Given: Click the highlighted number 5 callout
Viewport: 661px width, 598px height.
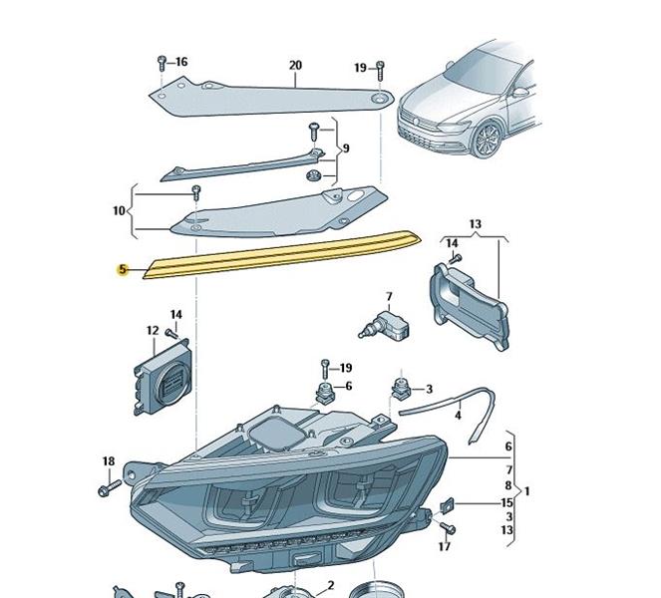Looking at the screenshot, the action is (x=123, y=270).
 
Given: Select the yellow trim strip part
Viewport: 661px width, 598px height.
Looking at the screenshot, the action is (x=281, y=254).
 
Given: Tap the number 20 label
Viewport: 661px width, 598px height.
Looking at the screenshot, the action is (x=295, y=66).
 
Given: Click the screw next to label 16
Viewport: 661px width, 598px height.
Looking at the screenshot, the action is (x=162, y=64).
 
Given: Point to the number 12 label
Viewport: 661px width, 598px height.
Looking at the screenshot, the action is (x=153, y=331).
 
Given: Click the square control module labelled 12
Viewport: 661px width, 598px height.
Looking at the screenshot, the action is (x=162, y=377).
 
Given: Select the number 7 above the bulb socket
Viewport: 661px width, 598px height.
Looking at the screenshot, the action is (x=389, y=297).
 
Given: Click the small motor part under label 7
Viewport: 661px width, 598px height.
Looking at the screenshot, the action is (x=384, y=325).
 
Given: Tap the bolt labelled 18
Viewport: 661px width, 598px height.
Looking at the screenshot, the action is (x=110, y=487).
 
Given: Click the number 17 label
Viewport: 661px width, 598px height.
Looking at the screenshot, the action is (x=445, y=546).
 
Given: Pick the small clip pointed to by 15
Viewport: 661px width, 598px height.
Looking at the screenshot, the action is (x=447, y=505).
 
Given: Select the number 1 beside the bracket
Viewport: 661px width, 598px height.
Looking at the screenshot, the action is (x=527, y=491).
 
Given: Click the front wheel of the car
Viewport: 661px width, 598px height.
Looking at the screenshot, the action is (x=487, y=140).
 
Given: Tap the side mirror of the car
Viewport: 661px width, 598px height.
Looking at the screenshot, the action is (x=519, y=92).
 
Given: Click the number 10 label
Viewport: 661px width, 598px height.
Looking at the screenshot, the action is (x=120, y=210).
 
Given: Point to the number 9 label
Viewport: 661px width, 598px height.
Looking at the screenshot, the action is (x=346, y=149).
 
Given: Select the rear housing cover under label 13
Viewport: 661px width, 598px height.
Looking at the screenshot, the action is (x=470, y=307).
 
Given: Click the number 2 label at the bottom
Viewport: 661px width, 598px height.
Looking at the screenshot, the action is (x=331, y=585).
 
